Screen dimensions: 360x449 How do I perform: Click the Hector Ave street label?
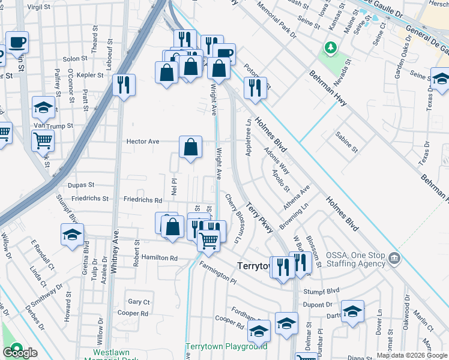[142, 142]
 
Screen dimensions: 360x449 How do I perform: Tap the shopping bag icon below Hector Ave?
[190, 148]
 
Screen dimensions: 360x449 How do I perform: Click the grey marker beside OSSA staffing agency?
[394, 259]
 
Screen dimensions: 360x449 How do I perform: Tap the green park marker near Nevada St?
[330, 47]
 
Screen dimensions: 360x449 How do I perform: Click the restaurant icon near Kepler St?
[124, 85]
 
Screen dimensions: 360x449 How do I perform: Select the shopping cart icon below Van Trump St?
[43, 140]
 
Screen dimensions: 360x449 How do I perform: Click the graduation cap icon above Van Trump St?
[43, 107]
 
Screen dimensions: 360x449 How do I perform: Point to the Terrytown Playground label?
[226, 346]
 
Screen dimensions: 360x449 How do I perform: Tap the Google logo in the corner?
[19, 352]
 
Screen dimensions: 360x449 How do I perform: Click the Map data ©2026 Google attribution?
[412, 355]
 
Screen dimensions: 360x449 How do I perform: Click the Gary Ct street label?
[139, 302]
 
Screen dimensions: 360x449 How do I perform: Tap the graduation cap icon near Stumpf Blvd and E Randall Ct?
[72, 235]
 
